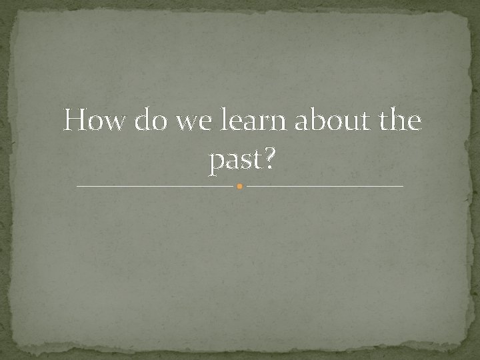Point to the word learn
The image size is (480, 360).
coord(253,122)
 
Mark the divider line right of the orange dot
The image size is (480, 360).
coord(325,186)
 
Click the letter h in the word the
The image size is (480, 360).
coord(398,121)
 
